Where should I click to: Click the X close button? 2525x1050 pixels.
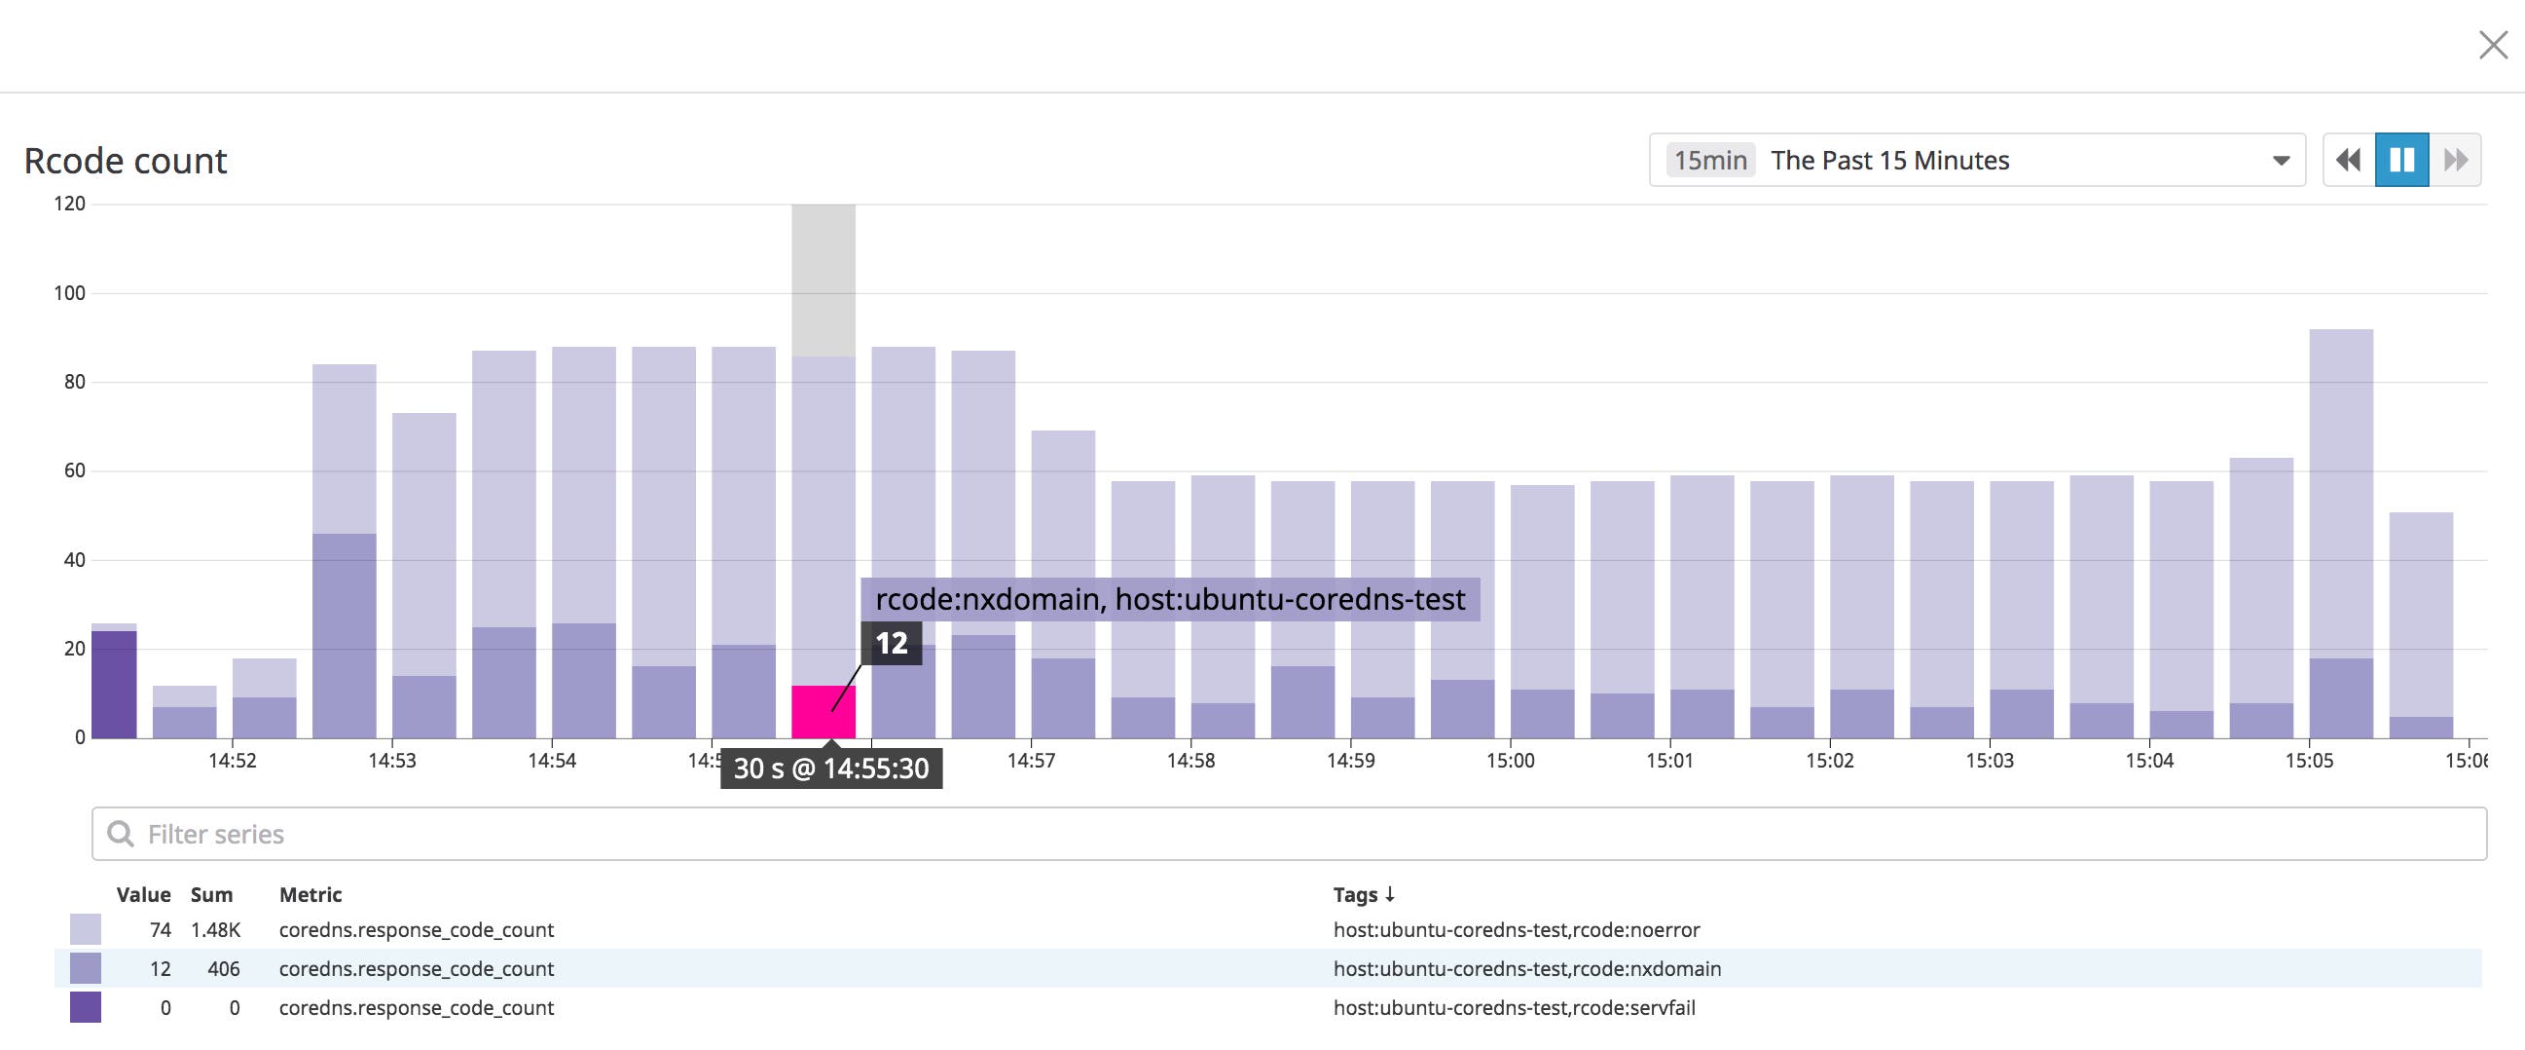click(x=2493, y=45)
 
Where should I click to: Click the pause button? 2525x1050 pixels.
click(x=2401, y=160)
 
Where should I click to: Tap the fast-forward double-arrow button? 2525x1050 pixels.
click(x=2456, y=160)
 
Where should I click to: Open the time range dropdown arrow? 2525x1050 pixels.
click(x=2281, y=161)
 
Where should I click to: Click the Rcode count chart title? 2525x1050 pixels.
click(x=126, y=161)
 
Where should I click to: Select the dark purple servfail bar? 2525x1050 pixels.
click(x=114, y=684)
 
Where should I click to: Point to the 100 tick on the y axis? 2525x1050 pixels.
click(x=69, y=293)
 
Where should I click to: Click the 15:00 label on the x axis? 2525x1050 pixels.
click(x=1510, y=761)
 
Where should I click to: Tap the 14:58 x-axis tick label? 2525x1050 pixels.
click(x=1189, y=761)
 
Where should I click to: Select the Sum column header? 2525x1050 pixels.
click(x=211, y=894)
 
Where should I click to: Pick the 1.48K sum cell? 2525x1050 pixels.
click(x=216, y=929)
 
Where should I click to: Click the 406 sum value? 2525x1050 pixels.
click(x=224, y=968)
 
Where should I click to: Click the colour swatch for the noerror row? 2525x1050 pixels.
click(x=86, y=929)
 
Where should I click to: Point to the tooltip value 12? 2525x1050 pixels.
click(x=891, y=643)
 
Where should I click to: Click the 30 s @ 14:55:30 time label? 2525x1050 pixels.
click(x=831, y=769)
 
